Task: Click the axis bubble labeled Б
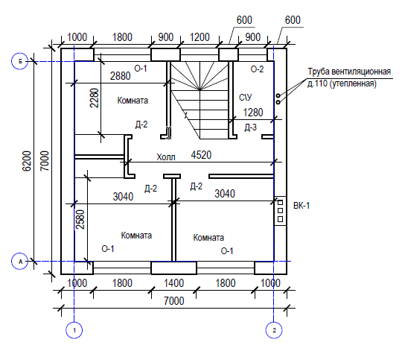coord(20,61)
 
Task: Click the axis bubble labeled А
coord(20,262)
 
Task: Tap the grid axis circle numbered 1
coord(74,330)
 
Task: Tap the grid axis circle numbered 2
coord(274,330)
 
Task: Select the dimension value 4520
coord(201,155)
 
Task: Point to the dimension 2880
coord(121,76)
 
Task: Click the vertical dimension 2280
coord(94,98)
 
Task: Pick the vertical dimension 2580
coord(80,220)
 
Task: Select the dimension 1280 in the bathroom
coord(253,113)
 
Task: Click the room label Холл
coord(166,157)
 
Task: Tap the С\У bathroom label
coord(246,98)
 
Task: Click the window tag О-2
coord(257,69)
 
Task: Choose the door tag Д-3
coord(250,127)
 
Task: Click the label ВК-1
coord(301,206)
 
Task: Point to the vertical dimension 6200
coord(27,161)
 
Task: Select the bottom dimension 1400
coord(173,283)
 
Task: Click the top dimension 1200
coord(200,37)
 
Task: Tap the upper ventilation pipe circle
coord(278,96)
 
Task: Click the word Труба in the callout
coord(318,72)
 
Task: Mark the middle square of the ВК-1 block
coord(280,211)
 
